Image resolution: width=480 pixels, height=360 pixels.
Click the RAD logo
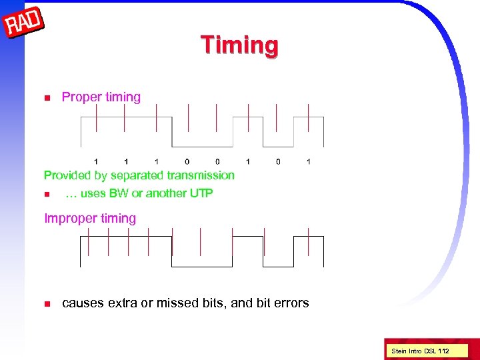[x=24, y=24]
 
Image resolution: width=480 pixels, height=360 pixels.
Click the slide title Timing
[x=240, y=45]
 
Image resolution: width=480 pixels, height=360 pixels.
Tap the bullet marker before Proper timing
[x=47, y=98]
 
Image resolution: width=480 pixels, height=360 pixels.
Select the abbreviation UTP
[x=201, y=193]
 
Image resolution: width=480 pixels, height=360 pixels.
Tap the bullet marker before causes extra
[x=47, y=304]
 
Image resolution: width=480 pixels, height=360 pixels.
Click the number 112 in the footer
[x=443, y=351]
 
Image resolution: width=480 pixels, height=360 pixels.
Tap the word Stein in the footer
[x=399, y=351]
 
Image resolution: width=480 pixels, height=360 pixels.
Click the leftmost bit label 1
[x=96, y=161]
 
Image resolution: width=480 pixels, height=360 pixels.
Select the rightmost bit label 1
[x=309, y=161]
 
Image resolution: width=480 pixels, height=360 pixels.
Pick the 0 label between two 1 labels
[x=278, y=161]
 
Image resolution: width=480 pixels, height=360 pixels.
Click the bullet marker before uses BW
[x=47, y=195]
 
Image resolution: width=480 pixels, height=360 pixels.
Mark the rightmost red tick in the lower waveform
[x=308, y=241]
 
